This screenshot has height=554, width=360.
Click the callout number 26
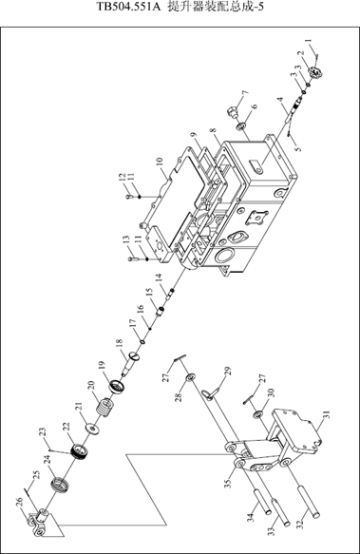(x=19, y=502)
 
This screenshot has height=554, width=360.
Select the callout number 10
(x=160, y=162)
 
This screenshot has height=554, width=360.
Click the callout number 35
(x=228, y=482)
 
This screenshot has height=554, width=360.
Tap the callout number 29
(x=228, y=372)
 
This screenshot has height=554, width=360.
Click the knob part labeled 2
(x=315, y=73)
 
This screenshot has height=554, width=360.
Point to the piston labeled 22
(x=80, y=450)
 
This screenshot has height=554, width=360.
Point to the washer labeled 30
(x=259, y=413)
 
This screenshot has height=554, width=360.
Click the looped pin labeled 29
(x=211, y=392)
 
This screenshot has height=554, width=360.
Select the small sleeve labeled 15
(x=161, y=312)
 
